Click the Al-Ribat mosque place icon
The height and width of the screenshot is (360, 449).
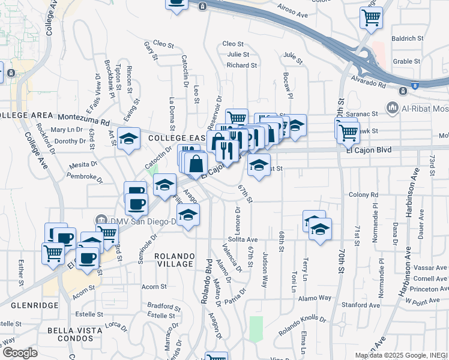pyautogui.click(x=393, y=109)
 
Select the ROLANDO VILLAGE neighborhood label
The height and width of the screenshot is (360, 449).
pyautogui.click(x=175, y=260)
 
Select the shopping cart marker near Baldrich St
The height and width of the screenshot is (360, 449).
pyautogui.click(x=372, y=17)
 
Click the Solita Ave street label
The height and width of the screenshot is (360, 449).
pyautogui.click(x=243, y=239)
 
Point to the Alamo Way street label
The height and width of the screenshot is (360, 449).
pyautogui.click(x=316, y=298)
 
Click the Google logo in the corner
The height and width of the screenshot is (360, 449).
pyautogui.click(x=20, y=353)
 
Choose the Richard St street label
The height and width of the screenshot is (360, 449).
pyautogui.click(x=242, y=65)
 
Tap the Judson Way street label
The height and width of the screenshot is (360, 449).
pyautogui.click(x=265, y=270)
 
